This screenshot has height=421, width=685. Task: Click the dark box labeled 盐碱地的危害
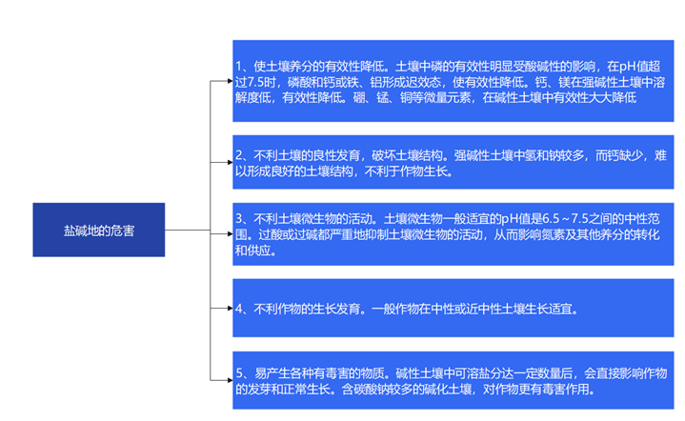[x=99, y=230]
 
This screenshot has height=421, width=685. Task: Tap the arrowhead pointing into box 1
[x=231, y=81]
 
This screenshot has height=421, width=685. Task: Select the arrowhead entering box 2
[x=231, y=162]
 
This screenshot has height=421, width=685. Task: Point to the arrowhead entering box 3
[x=231, y=234]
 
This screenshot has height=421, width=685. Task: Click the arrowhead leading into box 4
[x=231, y=309]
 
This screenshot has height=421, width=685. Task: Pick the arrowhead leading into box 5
[x=231, y=380]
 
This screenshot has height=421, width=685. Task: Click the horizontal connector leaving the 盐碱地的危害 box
[x=188, y=230]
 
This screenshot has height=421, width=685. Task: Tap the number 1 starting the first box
[x=239, y=67]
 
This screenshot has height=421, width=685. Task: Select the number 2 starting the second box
[x=239, y=155]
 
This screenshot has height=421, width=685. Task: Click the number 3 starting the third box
[x=239, y=219]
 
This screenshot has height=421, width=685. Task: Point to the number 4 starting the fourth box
[x=239, y=310]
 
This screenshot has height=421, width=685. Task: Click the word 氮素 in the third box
[x=553, y=235]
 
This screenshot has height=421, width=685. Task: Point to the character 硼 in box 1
[x=358, y=97]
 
